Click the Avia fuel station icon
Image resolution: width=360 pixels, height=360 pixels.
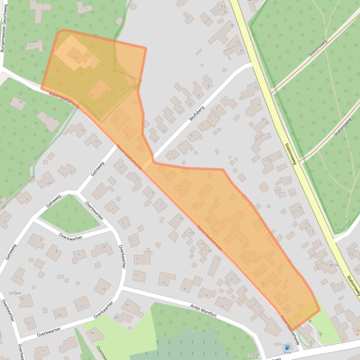tap(287, 347)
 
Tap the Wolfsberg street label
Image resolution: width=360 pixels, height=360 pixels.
tap(197, 113)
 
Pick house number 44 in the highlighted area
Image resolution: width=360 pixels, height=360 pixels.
tap(75, 57)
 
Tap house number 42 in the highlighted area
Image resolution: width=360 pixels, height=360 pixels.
tap(92, 95)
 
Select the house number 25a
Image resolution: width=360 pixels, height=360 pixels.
tap(267, 159)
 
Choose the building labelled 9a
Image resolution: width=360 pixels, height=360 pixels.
tap(126, 304)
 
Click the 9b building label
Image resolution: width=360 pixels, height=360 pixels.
tap(117, 317)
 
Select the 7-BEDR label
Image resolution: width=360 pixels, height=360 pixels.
tap(332, 265)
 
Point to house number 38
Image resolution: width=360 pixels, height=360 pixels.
tap(115, 119)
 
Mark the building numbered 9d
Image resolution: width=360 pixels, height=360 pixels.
tap(92, 332)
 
